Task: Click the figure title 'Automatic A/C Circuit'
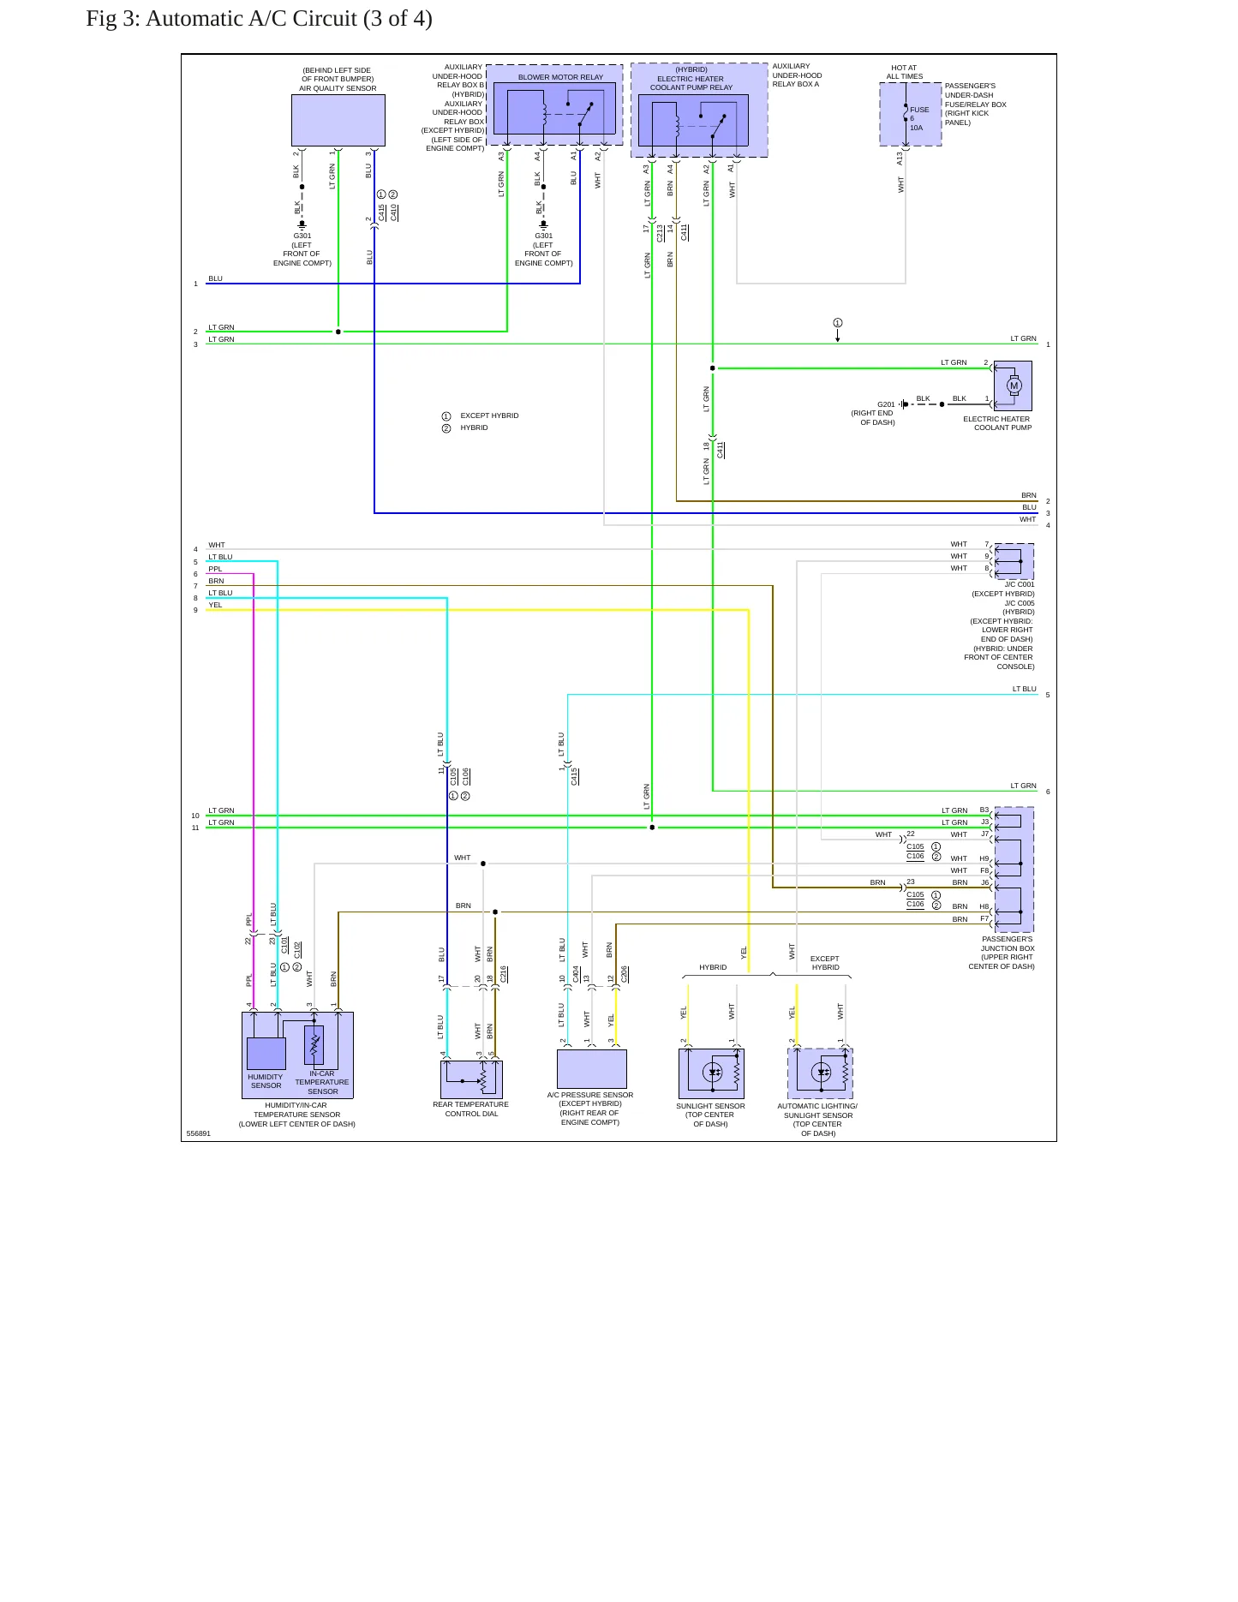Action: [x=251, y=19]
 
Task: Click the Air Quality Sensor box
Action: [x=338, y=120]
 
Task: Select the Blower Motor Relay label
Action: [x=560, y=77]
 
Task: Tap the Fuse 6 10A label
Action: [x=918, y=118]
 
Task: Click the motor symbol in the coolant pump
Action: [x=1014, y=386]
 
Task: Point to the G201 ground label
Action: [x=886, y=404]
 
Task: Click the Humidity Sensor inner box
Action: [x=266, y=1054]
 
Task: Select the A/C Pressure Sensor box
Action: [x=592, y=1069]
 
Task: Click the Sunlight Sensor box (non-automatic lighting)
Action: [x=711, y=1073]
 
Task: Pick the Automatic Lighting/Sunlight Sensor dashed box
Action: [x=820, y=1073]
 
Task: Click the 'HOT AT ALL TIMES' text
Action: [x=904, y=72]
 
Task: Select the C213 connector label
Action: [x=660, y=233]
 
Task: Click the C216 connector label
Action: [x=504, y=974]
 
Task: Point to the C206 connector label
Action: [x=625, y=974]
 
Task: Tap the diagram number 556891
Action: [x=198, y=1133]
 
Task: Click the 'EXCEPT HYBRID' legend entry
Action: [x=489, y=415]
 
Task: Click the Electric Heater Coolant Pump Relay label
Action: [x=691, y=83]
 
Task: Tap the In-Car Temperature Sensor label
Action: [x=322, y=1082]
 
